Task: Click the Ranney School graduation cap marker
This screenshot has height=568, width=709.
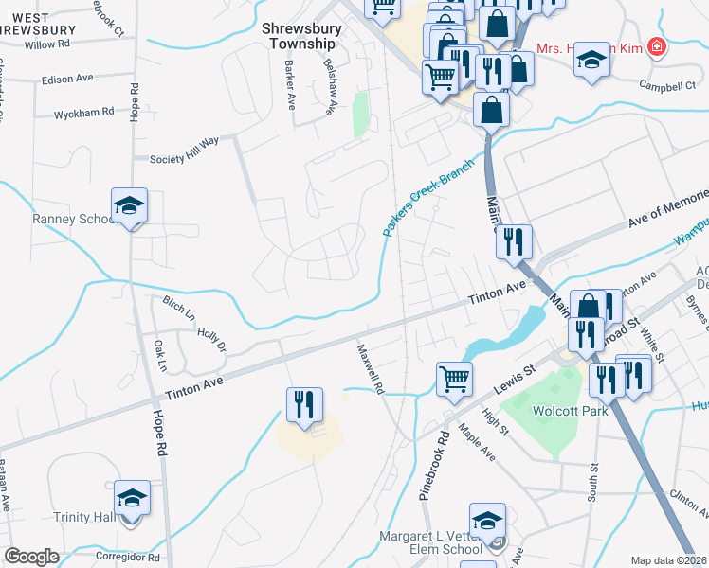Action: (x=130, y=204)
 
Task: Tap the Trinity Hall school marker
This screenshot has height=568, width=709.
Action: (x=132, y=498)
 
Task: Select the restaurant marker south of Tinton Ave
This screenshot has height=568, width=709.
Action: (x=304, y=405)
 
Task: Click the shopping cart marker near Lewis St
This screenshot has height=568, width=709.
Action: (x=455, y=379)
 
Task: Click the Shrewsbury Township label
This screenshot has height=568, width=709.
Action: (x=299, y=37)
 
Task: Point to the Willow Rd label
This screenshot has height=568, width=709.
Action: (x=47, y=44)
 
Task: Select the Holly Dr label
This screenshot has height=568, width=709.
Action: (x=211, y=340)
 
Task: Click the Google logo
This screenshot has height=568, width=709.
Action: (x=31, y=557)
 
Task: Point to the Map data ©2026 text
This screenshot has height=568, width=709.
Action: (x=668, y=560)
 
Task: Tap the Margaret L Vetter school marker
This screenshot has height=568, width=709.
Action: (x=488, y=521)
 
